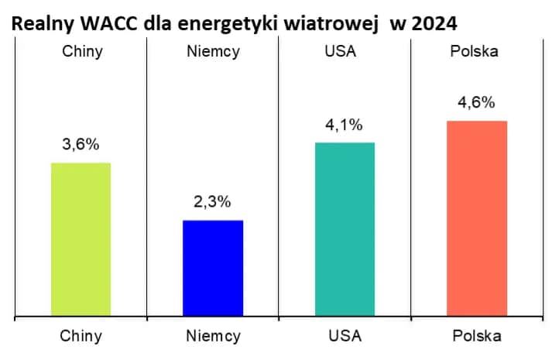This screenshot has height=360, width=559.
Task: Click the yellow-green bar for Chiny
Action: [x=81, y=239]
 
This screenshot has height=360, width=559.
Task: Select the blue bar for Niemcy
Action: [x=213, y=268]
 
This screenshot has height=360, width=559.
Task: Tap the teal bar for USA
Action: [x=345, y=229]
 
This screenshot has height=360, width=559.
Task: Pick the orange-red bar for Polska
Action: [x=477, y=218]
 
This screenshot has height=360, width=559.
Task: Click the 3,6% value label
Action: [x=81, y=145]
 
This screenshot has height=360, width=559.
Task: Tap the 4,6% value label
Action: [x=477, y=103]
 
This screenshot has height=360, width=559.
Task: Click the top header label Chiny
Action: [x=81, y=53]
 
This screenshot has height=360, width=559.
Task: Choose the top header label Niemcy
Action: [x=212, y=53]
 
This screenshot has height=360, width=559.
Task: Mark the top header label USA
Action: [x=345, y=53]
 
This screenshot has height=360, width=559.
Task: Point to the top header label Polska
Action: [x=477, y=53]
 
